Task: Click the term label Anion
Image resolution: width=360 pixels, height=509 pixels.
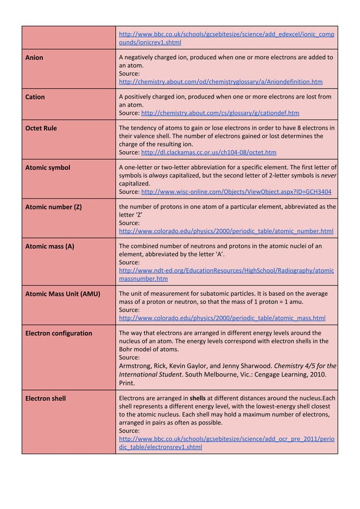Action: point(34,58)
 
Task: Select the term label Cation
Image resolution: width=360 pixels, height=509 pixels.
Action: point(36,97)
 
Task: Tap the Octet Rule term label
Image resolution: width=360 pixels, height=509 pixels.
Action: point(41,128)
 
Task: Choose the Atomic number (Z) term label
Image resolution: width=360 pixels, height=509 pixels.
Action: point(54,207)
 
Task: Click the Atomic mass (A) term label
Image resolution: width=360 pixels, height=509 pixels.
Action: point(50,246)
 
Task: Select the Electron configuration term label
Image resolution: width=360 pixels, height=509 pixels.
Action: point(59,333)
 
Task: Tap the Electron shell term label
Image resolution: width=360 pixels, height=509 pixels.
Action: point(46,398)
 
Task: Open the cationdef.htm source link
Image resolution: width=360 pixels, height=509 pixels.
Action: point(220,113)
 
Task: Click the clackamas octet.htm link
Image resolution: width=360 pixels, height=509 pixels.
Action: point(208,152)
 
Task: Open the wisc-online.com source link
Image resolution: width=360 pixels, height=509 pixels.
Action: point(236,192)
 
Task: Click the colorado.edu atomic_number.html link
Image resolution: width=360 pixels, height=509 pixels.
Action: point(226,231)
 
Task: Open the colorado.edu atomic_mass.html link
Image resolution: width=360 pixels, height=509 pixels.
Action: point(222,318)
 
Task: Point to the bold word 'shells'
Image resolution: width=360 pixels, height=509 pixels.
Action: point(197,398)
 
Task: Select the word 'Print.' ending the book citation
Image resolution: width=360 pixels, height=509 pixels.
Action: point(128,382)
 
